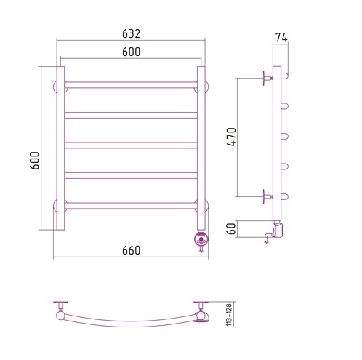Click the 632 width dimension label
(x=131, y=34)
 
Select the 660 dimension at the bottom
(x=131, y=250)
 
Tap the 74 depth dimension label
(x=281, y=38)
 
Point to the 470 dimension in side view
(x=232, y=137)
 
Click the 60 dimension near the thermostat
(x=232, y=228)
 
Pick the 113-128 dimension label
(x=229, y=314)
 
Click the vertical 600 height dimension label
(x=35, y=161)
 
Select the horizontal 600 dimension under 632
(x=131, y=52)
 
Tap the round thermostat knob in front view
(x=201, y=241)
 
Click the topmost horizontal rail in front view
(x=131, y=85)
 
